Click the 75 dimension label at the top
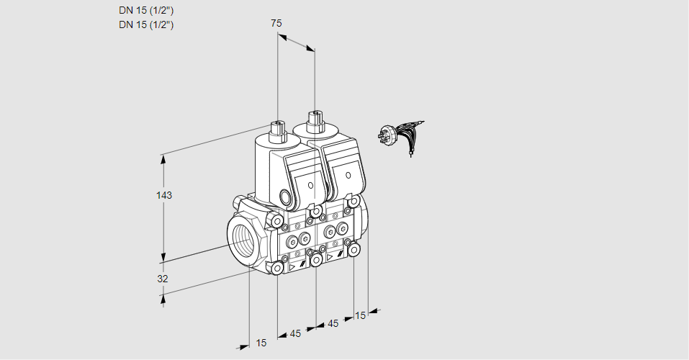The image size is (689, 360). tap(276, 23)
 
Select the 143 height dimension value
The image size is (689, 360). tap(164, 195)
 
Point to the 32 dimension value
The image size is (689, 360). tap(163, 279)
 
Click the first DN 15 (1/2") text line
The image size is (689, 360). tap(146, 11)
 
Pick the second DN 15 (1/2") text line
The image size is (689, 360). tap(146, 24)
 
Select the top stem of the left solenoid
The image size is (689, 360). tap(278, 130)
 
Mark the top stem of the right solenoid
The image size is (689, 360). tap(315, 120)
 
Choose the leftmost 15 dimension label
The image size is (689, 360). tap(261, 343)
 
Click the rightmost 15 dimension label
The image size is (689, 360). tap(360, 315)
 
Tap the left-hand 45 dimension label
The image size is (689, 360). tap(295, 333)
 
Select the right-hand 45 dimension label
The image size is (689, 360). tap(333, 323)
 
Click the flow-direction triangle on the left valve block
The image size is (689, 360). tap(292, 267)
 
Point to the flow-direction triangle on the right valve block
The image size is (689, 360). tap(330, 257)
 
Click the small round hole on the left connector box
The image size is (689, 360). tap(311, 185)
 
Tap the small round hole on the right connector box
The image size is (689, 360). tap(348, 176)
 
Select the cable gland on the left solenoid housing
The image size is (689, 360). tap(287, 196)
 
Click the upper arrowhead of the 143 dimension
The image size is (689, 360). tap(164, 158)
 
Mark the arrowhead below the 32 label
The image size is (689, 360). tap(163, 299)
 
